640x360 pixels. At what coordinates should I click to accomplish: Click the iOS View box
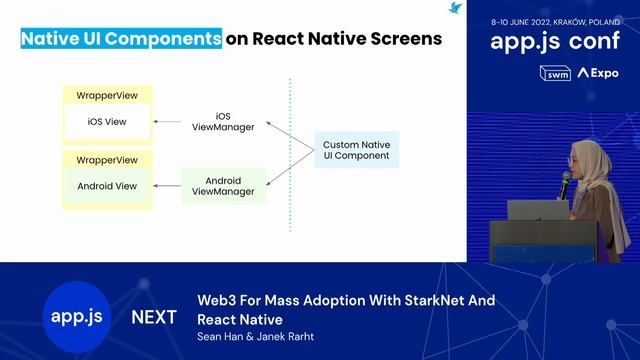point(107,123)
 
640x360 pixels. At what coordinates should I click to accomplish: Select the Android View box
point(107,185)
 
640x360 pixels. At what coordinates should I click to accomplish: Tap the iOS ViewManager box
point(222,122)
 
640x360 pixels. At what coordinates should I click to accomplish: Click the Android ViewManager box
point(222,185)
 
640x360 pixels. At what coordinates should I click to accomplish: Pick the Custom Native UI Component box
point(356,151)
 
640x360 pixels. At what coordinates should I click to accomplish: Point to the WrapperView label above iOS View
point(107,95)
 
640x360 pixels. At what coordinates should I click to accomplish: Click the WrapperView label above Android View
point(107,159)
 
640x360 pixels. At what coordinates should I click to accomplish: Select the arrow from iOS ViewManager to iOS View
point(170,123)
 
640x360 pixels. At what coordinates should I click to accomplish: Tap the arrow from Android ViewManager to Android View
point(166,185)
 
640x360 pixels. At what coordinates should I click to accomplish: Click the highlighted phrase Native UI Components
point(121,39)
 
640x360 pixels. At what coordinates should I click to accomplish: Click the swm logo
point(554,73)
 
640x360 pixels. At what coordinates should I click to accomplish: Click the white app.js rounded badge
point(77,316)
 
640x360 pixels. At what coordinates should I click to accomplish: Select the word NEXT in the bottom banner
point(154,317)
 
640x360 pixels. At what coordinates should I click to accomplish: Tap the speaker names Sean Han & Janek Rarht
point(255,337)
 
